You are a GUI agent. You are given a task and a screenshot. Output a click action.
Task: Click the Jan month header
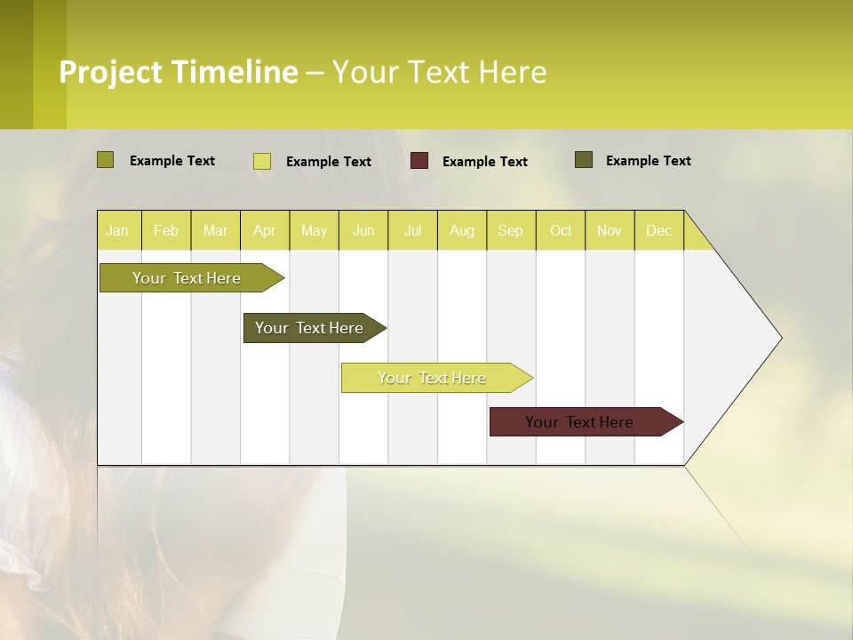coord(117,230)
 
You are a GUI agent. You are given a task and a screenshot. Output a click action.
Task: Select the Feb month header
coord(166,230)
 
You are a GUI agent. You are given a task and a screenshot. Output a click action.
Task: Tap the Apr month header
coord(264,230)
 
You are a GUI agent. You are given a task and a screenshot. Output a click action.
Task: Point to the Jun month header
coord(363,230)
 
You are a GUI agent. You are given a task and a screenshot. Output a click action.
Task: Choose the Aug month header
coord(461,230)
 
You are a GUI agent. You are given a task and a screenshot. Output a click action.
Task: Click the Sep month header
coord(510,230)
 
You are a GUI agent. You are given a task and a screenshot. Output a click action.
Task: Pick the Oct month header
coord(561,230)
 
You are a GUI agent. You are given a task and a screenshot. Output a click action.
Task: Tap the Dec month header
coord(658,230)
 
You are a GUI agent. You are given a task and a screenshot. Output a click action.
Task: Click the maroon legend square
coord(419,161)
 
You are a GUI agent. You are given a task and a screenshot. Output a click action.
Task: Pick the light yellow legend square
coord(262,161)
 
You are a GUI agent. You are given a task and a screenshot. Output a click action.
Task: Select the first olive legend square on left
coord(105,160)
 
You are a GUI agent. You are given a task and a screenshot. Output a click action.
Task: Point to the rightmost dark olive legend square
coord(584,160)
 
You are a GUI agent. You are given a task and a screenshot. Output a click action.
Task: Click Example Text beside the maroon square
coord(484,162)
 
